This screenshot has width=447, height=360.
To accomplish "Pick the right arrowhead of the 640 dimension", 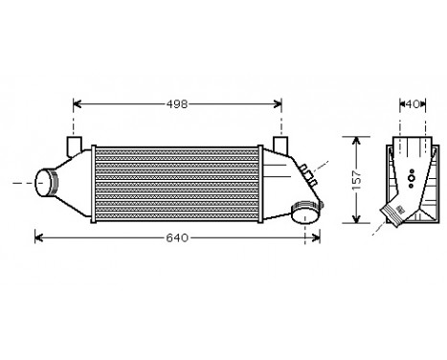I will pyautogui.click(x=316, y=236).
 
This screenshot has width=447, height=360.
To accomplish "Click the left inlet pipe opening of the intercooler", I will pyautogui.click(x=41, y=181).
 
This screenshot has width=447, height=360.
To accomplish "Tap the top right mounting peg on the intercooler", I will pyautogui.click(x=281, y=145).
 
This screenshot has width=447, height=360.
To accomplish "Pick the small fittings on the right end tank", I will pyautogui.click(x=308, y=173).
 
